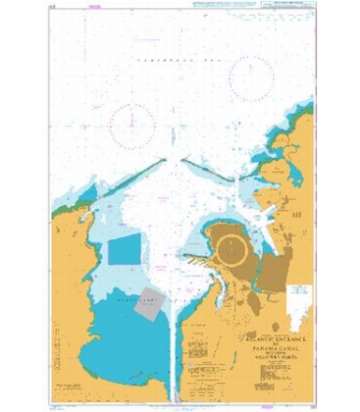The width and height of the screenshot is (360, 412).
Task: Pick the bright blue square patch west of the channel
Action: point(125,251)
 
